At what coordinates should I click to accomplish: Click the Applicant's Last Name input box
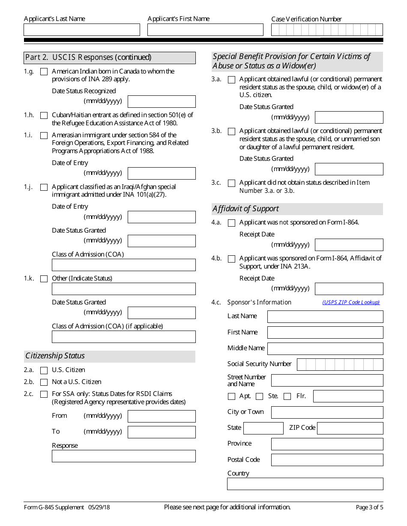pyautogui.click(x=81, y=30)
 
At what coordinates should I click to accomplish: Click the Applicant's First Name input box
pyautogui.click(x=205, y=30)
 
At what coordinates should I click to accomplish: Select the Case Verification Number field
pyautogui.click(x=327, y=30)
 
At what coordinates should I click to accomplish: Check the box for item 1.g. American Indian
pyautogui.click(x=44, y=72)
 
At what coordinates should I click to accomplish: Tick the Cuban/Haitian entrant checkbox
pyautogui.click(x=44, y=115)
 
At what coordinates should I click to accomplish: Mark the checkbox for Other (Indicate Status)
pyautogui.click(x=44, y=279)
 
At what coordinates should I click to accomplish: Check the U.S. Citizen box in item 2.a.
pyautogui.click(x=44, y=370)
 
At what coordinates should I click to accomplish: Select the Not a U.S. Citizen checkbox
pyautogui.click(x=44, y=382)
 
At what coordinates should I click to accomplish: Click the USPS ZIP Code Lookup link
pyautogui.click(x=351, y=302)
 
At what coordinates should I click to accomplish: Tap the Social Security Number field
pyautogui.click(x=340, y=364)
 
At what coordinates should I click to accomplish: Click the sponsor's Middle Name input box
pyautogui.click(x=325, y=349)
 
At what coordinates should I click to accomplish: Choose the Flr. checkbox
pyautogui.click(x=287, y=396)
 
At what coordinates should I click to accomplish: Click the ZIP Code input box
pyautogui.click(x=350, y=428)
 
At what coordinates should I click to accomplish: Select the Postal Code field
pyautogui.click(x=327, y=460)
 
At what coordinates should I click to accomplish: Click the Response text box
pyautogui.click(x=123, y=456)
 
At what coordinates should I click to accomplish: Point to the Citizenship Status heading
pyautogui.click(x=55, y=356)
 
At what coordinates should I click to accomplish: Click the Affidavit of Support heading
pyautogui.click(x=245, y=209)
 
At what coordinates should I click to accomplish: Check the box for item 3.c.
pyautogui.click(x=232, y=183)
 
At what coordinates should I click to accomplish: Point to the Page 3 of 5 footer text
pyautogui.click(x=369, y=508)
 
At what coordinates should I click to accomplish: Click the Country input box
pyautogui.click(x=305, y=484)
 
